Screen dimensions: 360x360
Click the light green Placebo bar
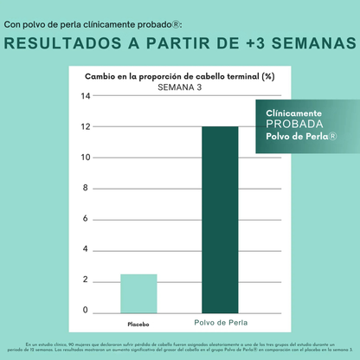[x=138, y=292]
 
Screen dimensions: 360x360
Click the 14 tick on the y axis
[x=86, y=96]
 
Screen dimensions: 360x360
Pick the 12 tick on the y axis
[x=86, y=126]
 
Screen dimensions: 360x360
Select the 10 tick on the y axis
[x=86, y=157]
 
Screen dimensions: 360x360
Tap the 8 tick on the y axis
[x=86, y=188]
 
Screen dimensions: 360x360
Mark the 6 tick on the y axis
[x=86, y=218]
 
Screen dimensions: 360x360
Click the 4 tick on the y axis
[x=86, y=249]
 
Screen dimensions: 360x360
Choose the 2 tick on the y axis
[x=86, y=280]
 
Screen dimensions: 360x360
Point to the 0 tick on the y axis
[x=86, y=310]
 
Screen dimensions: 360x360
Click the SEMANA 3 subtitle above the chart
[x=179, y=87]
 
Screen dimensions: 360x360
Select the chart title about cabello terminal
[x=179, y=76]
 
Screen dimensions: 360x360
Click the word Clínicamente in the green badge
[x=294, y=113]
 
